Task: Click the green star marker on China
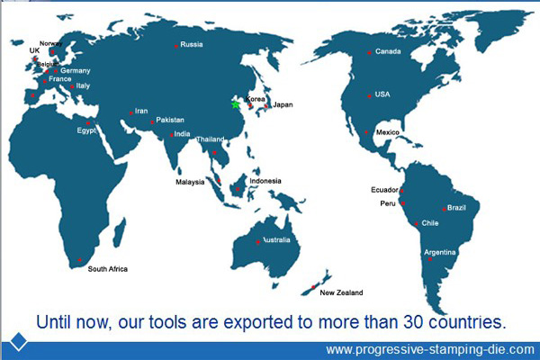coord(235,104)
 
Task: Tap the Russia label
coord(192,44)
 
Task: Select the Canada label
coord(388,51)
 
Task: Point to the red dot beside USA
coord(369,96)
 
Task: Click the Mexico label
coord(387,132)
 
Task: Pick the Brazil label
coord(456,208)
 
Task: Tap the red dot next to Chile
coord(416,224)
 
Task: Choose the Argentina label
coord(440,252)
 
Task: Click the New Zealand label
coord(341,292)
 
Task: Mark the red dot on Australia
coord(258,242)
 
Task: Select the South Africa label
coord(107,269)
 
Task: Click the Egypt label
coord(86,130)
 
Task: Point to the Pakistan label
coord(170,120)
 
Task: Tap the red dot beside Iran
coord(130,113)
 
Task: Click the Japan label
coord(283,104)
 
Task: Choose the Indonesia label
coord(265,181)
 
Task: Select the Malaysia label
coord(190,182)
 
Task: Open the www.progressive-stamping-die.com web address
coord(430,350)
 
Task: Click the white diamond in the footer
coord(19,341)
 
